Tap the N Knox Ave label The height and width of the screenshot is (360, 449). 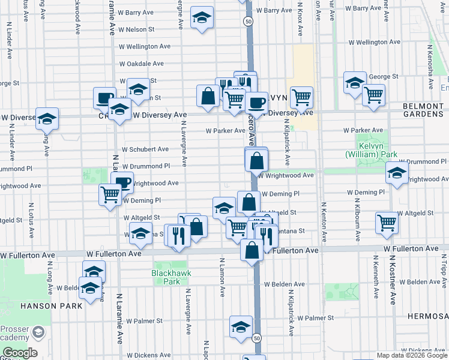pos(299,25)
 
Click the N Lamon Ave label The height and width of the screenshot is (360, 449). pos(222,277)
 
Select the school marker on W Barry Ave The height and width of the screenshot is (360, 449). pos(202,18)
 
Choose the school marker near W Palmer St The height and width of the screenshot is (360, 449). pos(241,327)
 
